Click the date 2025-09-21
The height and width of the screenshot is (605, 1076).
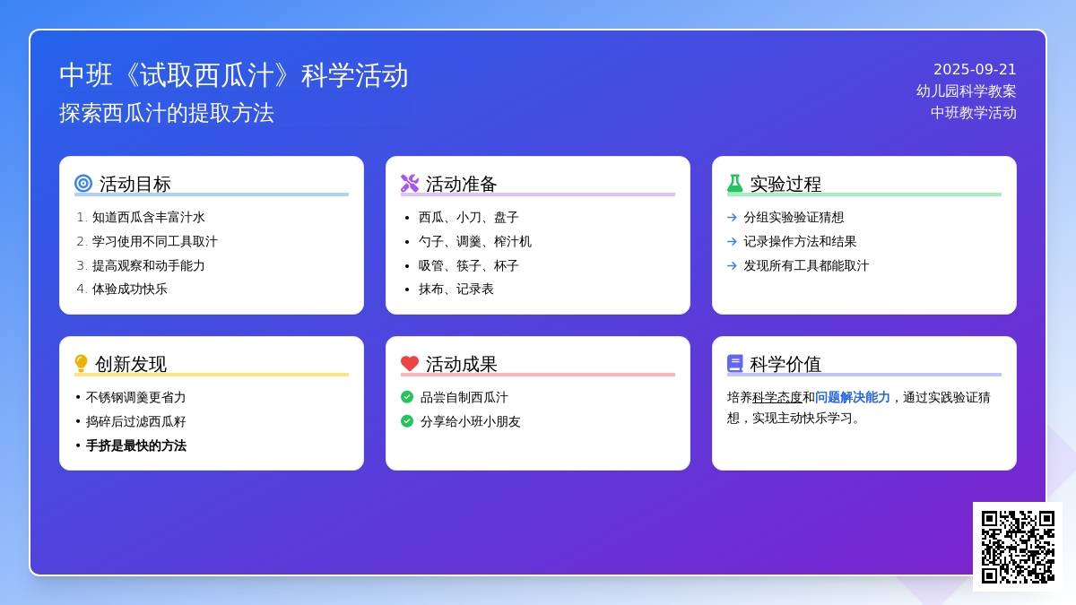point(975,70)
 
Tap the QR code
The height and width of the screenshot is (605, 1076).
point(1018,547)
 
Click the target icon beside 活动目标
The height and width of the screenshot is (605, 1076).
point(83,184)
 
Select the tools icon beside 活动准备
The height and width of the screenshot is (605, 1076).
point(410,184)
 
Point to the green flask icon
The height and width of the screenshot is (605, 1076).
point(735,184)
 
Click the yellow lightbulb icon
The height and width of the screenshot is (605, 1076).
point(82,364)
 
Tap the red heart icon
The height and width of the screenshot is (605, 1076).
point(410,364)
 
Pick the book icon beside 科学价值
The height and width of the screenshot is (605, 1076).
point(735,364)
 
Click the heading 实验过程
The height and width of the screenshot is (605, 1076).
point(785,185)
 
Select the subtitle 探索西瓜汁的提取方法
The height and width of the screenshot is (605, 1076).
point(167,114)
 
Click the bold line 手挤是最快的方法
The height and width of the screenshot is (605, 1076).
point(136,445)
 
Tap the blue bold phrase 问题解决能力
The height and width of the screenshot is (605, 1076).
point(853,397)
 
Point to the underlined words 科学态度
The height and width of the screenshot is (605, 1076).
point(777,397)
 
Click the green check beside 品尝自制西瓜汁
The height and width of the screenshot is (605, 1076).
point(407,397)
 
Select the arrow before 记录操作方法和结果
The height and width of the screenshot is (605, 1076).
point(732,241)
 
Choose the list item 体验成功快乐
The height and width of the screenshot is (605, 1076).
point(130,290)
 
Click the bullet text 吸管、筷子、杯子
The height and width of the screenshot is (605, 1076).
point(469,265)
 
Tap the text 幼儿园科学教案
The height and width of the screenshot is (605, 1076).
point(967,91)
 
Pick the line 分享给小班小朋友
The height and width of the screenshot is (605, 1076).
point(471,421)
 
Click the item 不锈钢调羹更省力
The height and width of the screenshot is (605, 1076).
point(136,397)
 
